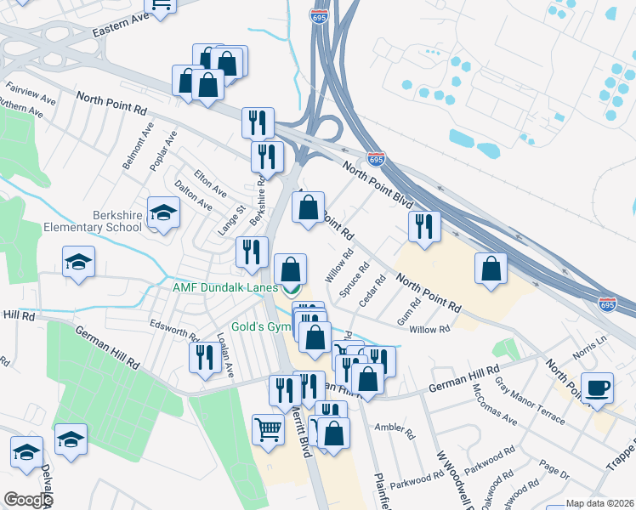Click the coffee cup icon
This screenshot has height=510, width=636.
(597, 388)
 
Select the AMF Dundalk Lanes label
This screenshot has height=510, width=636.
(224, 287)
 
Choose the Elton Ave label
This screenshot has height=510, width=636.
(210, 181)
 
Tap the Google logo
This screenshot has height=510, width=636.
(27, 500)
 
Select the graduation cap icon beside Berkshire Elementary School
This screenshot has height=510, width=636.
(162, 214)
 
